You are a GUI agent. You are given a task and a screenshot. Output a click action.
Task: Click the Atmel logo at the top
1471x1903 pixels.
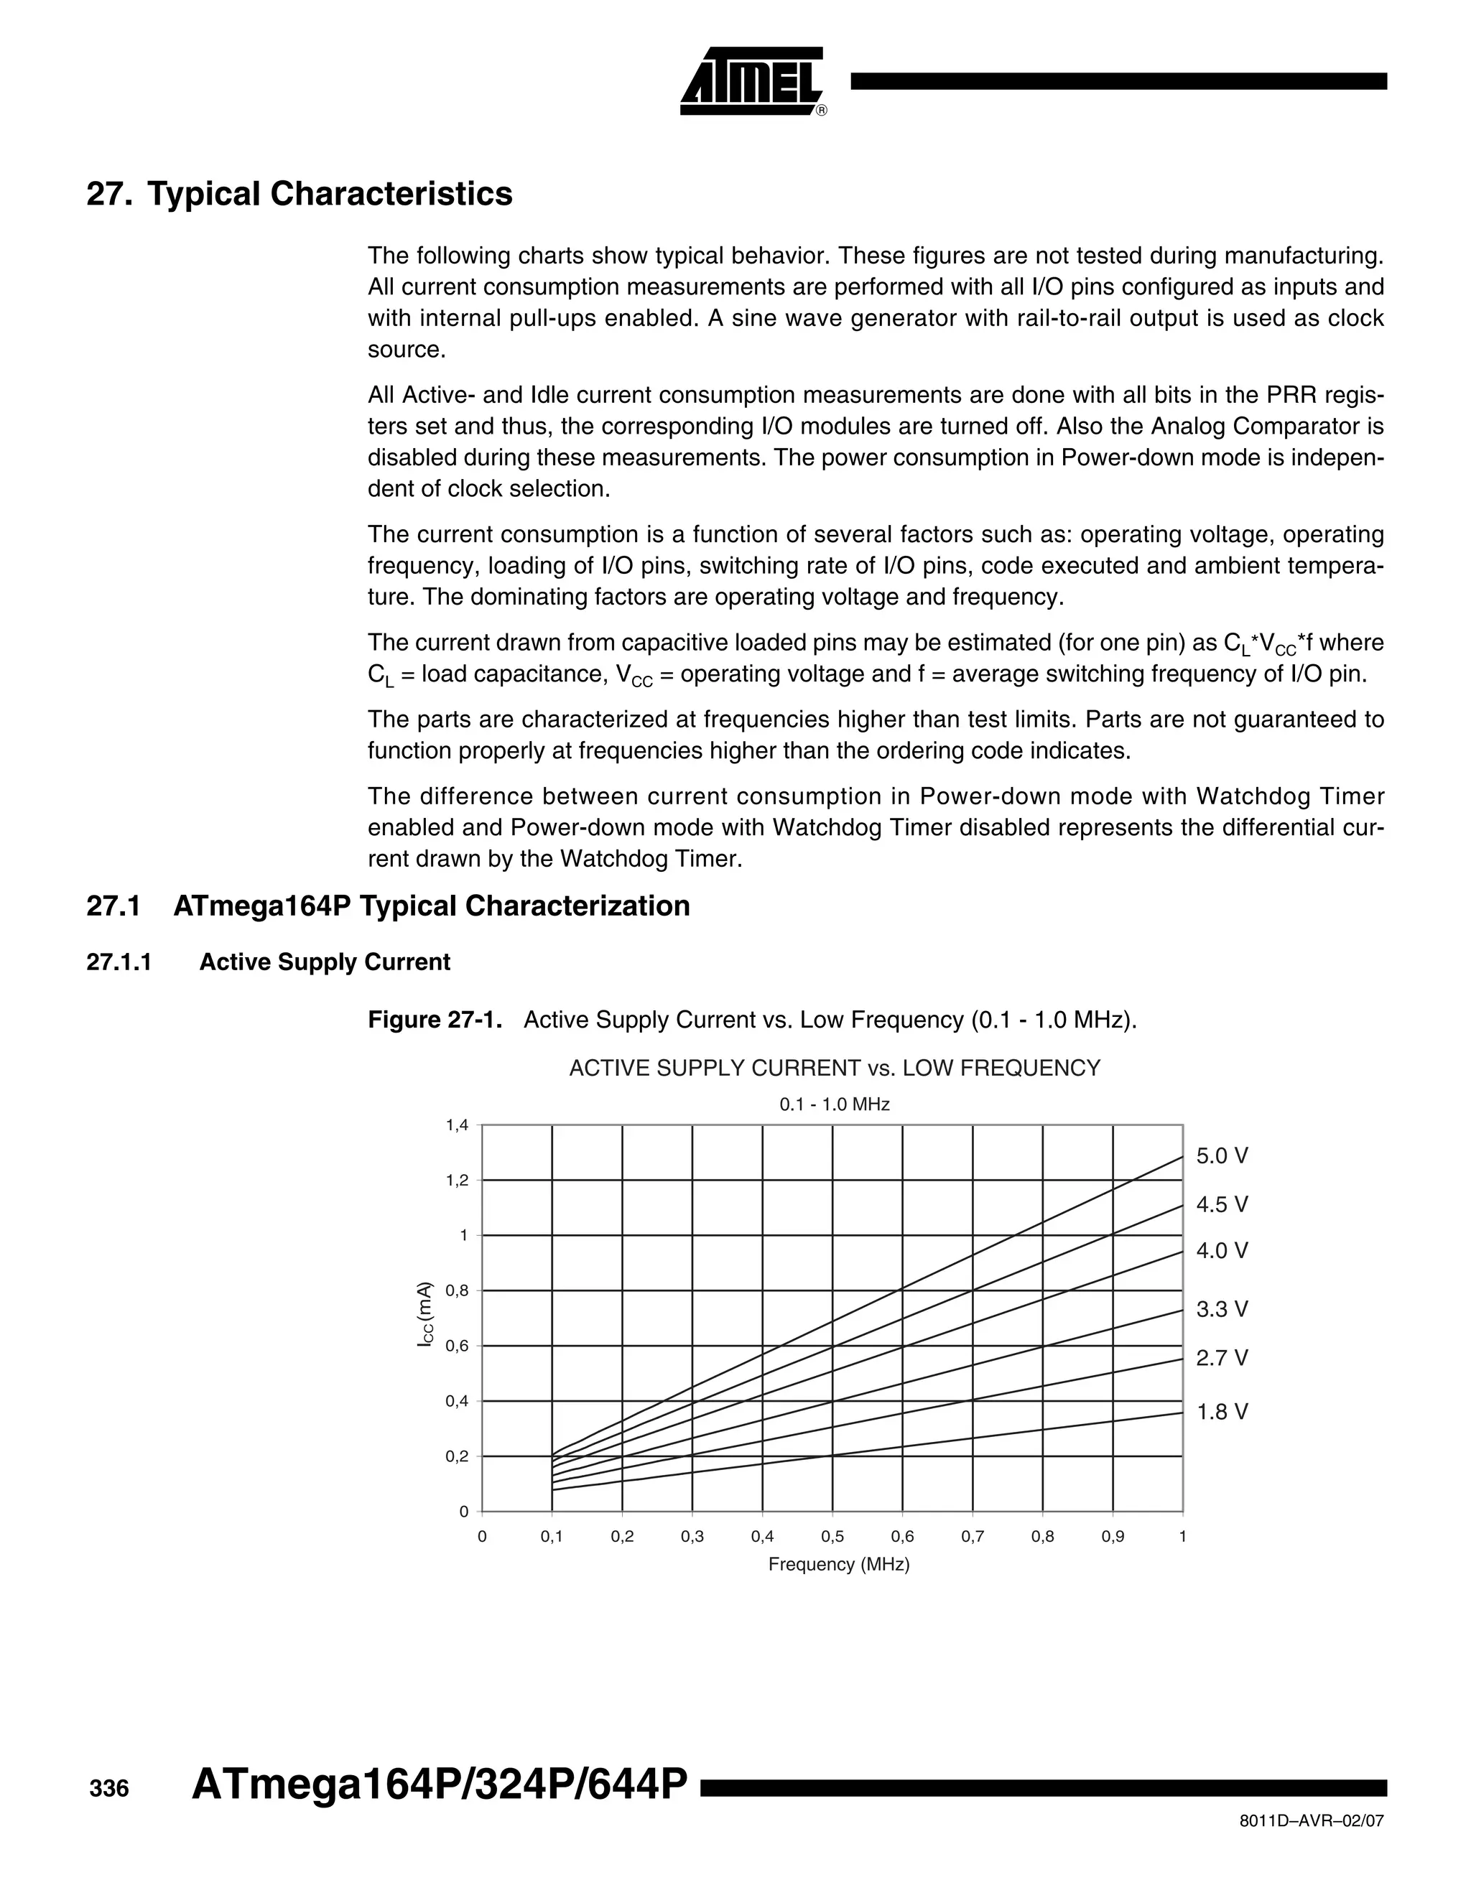pyautogui.click(x=752, y=81)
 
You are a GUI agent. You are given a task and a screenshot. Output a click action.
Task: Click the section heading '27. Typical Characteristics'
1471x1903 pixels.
pyautogui.click(x=299, y=193)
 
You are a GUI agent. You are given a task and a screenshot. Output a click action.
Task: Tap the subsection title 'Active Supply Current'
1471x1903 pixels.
pyautogui.click(x=324, y=962)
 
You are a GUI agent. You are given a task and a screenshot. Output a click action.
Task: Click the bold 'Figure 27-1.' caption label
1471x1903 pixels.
pyautogui.click(x=435, y=1020)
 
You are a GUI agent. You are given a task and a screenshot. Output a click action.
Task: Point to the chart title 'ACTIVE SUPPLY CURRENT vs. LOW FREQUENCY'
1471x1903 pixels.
pyautogui.click(x=834, y=1069)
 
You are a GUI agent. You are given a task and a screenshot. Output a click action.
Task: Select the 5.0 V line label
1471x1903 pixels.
pyautogui.click(x=1222, y=1156)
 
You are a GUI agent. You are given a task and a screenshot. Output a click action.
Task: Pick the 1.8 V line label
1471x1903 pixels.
pyautogui.click(x=1222, y=1413)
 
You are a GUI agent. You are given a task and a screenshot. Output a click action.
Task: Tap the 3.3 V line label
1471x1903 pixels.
pyautogui.click(x=1222, y=1310)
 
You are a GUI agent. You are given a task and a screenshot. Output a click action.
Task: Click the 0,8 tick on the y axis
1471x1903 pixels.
pyautogui.click(x=458, y=1291)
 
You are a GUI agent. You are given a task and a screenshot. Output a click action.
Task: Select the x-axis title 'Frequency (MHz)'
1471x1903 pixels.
pyautogui.click(x=838, y=1565)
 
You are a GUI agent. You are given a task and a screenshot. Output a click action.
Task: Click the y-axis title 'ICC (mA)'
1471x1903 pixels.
pyautogui.click(x=424, y=1316)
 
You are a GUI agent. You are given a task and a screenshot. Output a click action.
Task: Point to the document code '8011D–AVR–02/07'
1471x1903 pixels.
pyautogui.click(x=1311, y=1822)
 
